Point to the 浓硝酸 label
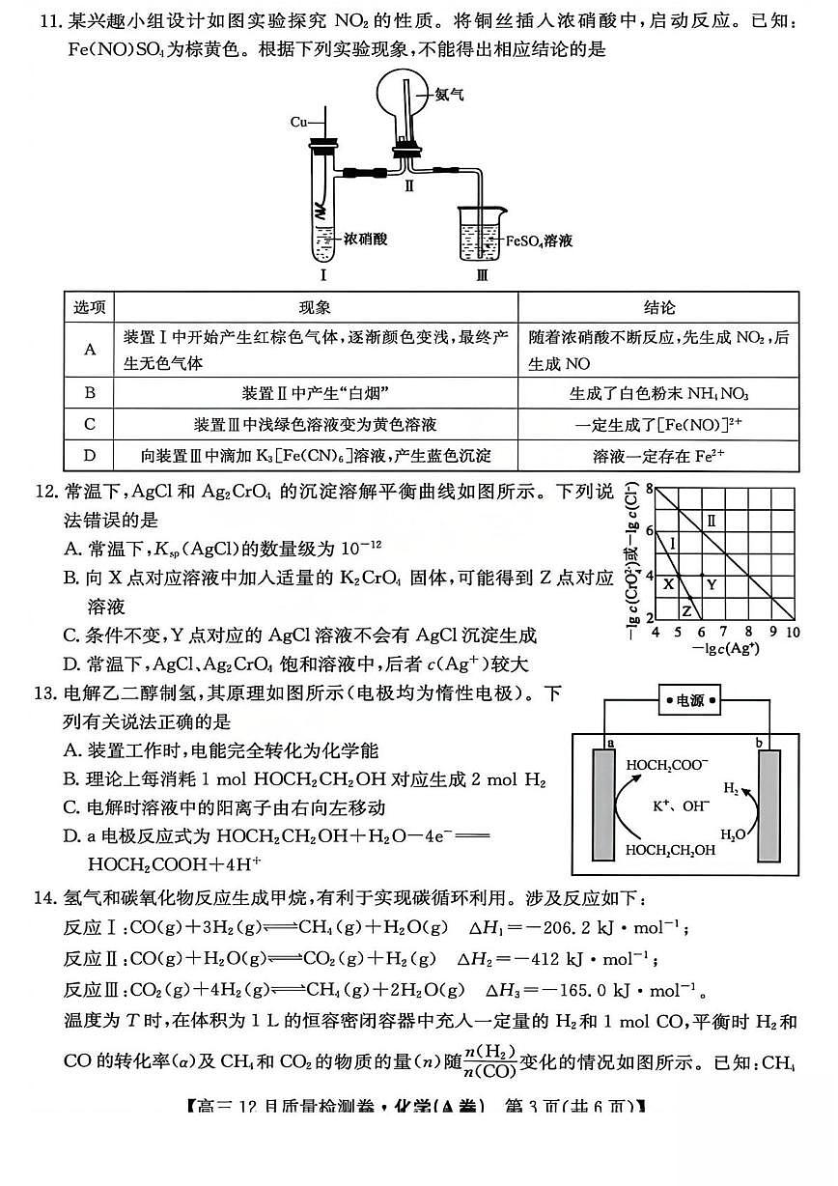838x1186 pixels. coord(367,239)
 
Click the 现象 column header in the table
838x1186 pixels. coord(315,307)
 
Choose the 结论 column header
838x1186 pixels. coord(659,307)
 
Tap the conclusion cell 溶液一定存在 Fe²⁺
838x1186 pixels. coord(659,455)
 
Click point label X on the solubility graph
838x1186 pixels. coord(668,583)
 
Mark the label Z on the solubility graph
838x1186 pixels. coord(686,611)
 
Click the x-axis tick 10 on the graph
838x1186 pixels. coord(793,632)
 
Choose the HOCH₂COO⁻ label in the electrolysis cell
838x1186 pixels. coord(667,765)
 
